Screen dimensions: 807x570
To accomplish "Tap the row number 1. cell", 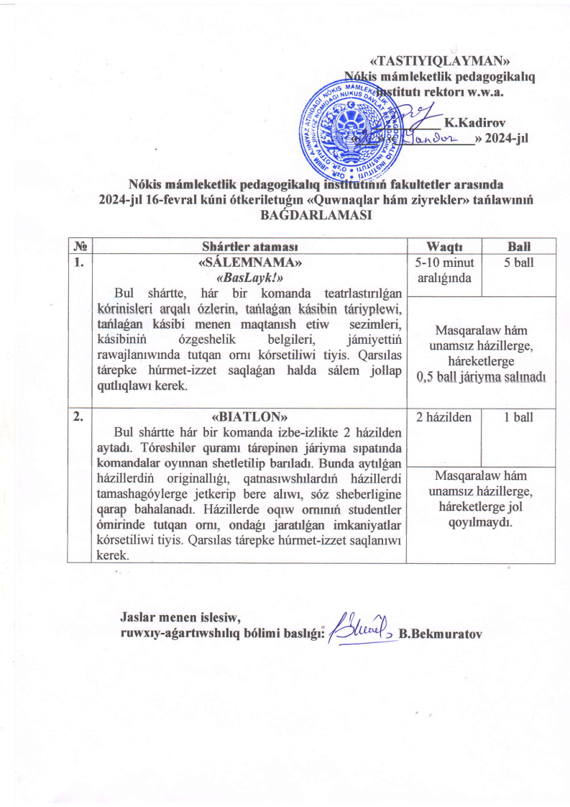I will coord(77,263).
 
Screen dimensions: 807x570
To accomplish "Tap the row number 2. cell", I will coord(77,416).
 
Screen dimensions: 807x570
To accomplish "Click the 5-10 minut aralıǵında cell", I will coord(443,270).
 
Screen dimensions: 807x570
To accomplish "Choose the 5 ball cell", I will coord(518,263).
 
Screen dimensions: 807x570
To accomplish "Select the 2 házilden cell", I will coord(443,417).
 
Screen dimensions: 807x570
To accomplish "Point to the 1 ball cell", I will coord(518,417).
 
